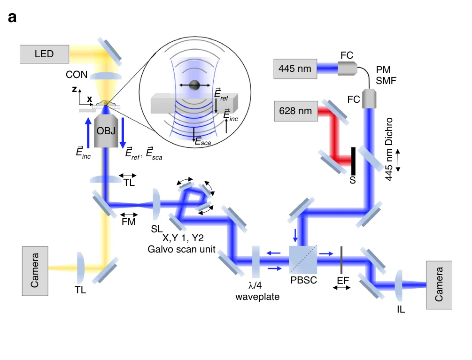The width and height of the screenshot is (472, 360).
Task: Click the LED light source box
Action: [44, 54]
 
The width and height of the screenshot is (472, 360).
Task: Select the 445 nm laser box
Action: [295, 69]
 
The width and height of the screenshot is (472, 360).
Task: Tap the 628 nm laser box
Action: [295, 111]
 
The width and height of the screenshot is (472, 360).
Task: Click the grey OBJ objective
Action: [106, 131]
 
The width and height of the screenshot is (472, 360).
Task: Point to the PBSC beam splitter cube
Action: [303, 260]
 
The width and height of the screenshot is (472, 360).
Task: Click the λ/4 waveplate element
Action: [256, 261]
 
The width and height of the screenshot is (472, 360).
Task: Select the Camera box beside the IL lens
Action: [439, 285]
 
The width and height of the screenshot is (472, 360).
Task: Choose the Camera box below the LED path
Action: [35, 271]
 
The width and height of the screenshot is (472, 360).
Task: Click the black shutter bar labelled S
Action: [353, 161]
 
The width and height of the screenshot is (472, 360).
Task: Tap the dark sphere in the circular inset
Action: [194, 85]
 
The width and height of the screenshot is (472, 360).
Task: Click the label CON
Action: [77, 75]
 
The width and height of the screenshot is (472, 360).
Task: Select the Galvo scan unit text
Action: [181, 249]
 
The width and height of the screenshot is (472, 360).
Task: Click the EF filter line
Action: [341, 260]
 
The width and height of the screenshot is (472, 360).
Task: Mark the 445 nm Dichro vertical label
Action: [389, 149]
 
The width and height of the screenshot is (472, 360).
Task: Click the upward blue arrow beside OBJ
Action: [88, 133]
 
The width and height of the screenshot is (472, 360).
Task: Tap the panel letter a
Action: [12, 17]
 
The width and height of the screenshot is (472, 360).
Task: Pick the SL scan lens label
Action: [156, 229]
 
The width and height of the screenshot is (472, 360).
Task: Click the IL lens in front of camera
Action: [399, 285]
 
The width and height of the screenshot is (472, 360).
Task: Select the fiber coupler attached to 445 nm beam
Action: [348, 69]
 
